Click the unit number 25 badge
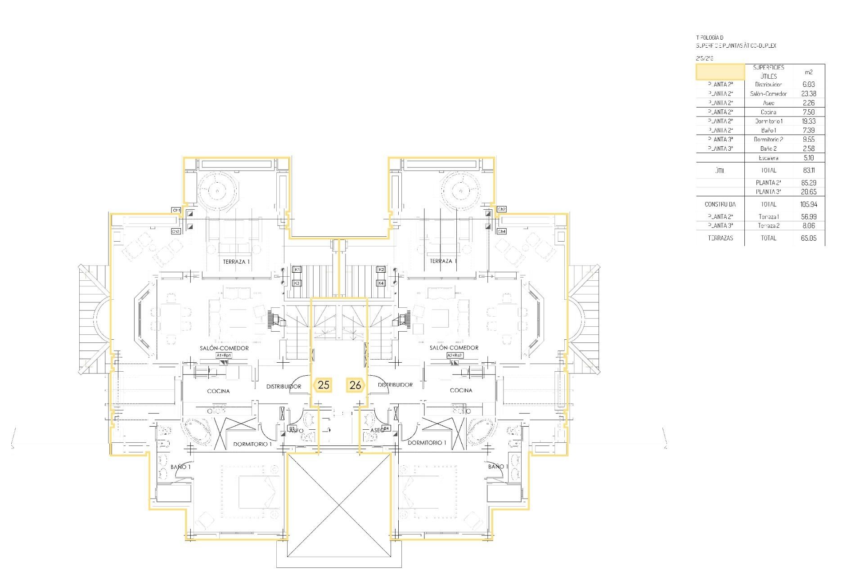tap(323, 385)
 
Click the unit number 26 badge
tap(355, 385)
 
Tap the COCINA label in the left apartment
tap(218, 391)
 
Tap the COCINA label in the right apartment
tap(461, 390)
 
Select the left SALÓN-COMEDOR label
tap(224, 348)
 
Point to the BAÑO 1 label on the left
tap(180, 467)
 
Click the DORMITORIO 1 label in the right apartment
tap(427, 443)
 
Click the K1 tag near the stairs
tap(297, 269)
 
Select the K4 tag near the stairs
tap(381, 283)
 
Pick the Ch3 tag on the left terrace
tap(176, 231)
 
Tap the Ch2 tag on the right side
tap(502, 209)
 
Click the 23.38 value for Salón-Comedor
tap(808, 94)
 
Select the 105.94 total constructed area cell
tap(808, 204)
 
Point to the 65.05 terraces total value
tap(808, 238)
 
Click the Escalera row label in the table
tap(768, 158)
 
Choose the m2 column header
tap(808, 72)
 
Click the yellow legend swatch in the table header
tap(720, 72)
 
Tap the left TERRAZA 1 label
tap(236, 261)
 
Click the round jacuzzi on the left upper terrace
tap(217, 190)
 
